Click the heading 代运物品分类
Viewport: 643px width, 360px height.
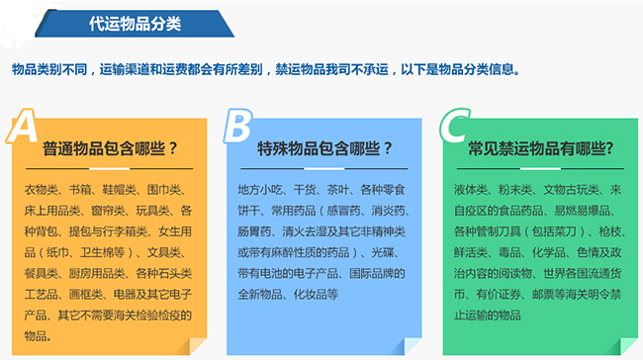coord(135,19)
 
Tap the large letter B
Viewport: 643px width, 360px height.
coord(237,126)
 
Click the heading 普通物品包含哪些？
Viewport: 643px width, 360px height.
coord(110,149)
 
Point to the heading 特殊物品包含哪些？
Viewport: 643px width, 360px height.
coord(325,149)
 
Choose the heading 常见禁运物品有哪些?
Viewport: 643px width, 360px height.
coord(540,149)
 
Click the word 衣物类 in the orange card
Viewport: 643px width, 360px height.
coord(41,189)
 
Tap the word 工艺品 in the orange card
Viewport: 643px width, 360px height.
coord(41,295)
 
